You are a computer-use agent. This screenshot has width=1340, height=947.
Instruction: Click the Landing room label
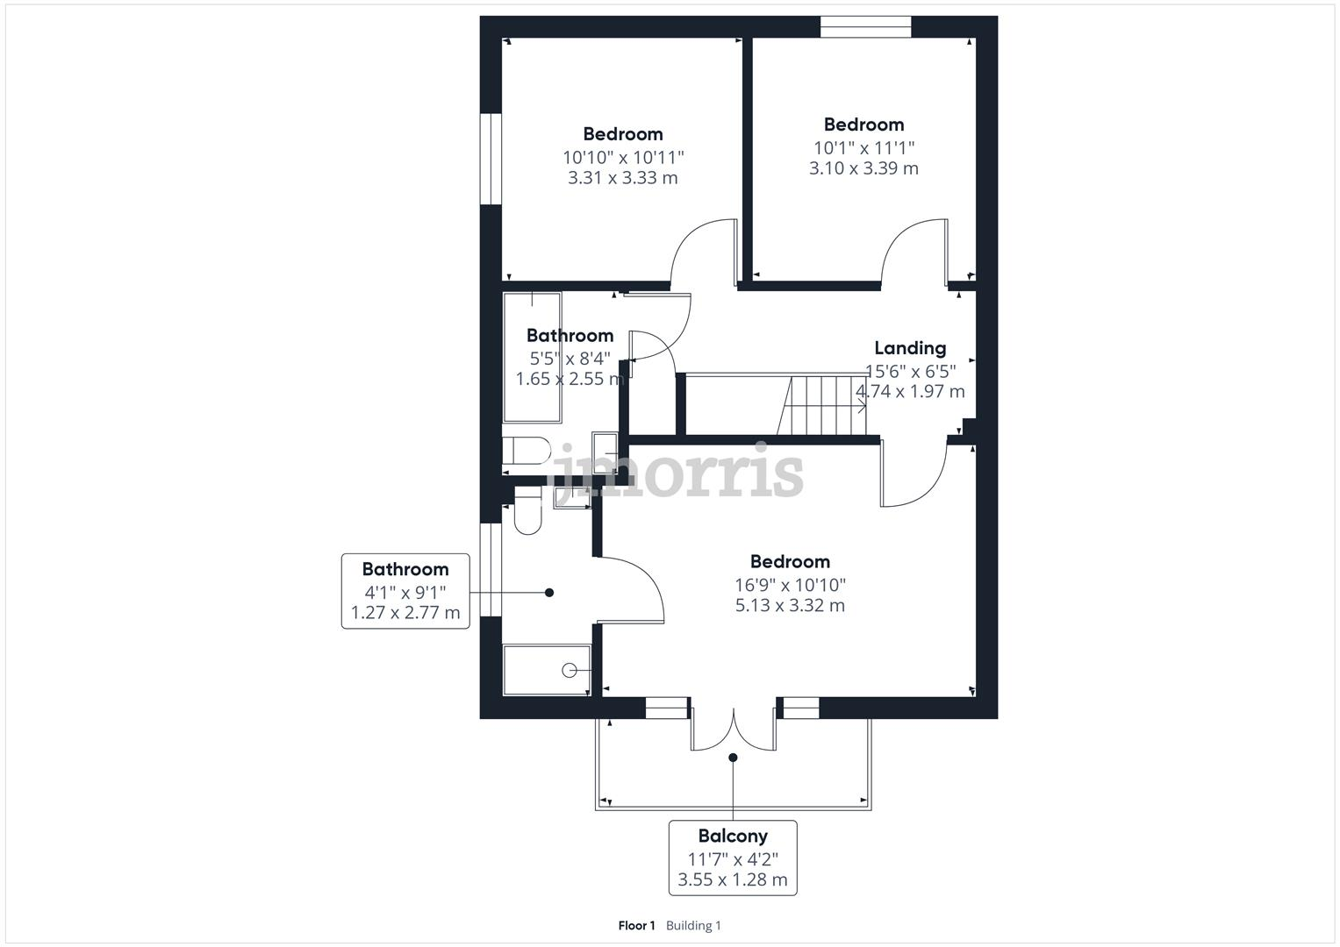(x=910, y=348)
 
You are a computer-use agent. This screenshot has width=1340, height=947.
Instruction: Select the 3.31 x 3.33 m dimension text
(x=623, y=177)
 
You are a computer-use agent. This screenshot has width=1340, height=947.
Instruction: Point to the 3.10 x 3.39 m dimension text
(x=863, y=168)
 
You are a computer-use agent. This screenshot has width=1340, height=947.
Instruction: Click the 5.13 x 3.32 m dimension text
(x=790, y=606)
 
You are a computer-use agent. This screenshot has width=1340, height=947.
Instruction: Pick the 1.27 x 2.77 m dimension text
(x=405, y=613)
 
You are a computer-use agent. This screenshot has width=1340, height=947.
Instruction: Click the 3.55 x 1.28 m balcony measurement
(x=732, y=879)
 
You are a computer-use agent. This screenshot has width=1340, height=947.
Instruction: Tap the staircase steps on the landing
(x=821, y=405)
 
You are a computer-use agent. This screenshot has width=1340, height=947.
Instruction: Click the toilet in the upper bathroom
(x=527, y=451)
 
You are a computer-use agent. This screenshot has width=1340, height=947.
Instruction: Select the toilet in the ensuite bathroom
(x=527, y=510)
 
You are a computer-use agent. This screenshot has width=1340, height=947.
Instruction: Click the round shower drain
(x=569, y=671)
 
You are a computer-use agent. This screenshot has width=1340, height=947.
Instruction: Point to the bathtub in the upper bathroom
(x=533, y=358)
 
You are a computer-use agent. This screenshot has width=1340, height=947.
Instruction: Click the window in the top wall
(x=865, y=27)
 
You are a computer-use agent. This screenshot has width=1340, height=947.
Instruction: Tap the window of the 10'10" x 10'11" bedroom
(x=491, y=159)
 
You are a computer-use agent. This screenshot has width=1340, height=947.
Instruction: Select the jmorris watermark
(x=676, y=471)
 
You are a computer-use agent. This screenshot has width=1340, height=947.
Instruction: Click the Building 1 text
(x=693, y=925)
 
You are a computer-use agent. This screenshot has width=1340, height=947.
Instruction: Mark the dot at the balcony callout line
(x=733, y=758)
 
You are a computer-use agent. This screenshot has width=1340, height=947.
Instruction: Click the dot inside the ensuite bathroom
(x=549, y=593)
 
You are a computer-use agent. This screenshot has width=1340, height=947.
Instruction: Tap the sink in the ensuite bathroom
(x=572, y=497)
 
